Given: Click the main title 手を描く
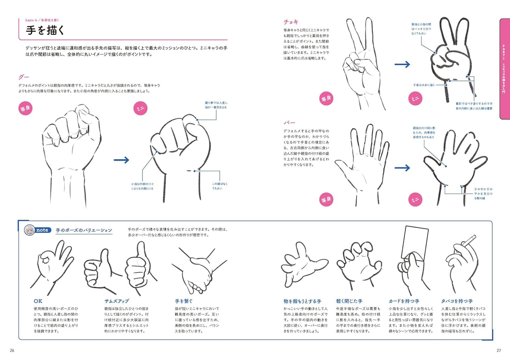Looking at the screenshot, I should [45, 30].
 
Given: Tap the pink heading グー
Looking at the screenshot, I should [24, 77].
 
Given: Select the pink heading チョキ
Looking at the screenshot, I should [291, 22].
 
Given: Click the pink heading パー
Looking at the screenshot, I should [289, 123].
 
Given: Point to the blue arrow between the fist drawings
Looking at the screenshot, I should [121, 160].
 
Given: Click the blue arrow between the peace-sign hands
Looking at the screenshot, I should [402, 65].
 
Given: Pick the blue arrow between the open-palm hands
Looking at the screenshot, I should [402, 168].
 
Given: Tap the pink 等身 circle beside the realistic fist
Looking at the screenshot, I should [25, 108].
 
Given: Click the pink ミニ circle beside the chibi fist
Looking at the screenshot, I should [140, 108].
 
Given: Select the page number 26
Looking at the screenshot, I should [12, 350].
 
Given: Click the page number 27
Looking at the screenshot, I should [499, 350].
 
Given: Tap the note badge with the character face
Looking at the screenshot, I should [36, 230].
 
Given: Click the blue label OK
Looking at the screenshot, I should [38, 301].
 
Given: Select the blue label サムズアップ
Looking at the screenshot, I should [116, 301].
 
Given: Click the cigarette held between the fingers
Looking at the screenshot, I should [469, 241].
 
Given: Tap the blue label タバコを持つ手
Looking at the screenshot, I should [457, 301].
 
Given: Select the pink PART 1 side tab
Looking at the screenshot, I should [504, 69].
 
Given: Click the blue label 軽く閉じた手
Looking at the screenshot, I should [349, 301].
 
